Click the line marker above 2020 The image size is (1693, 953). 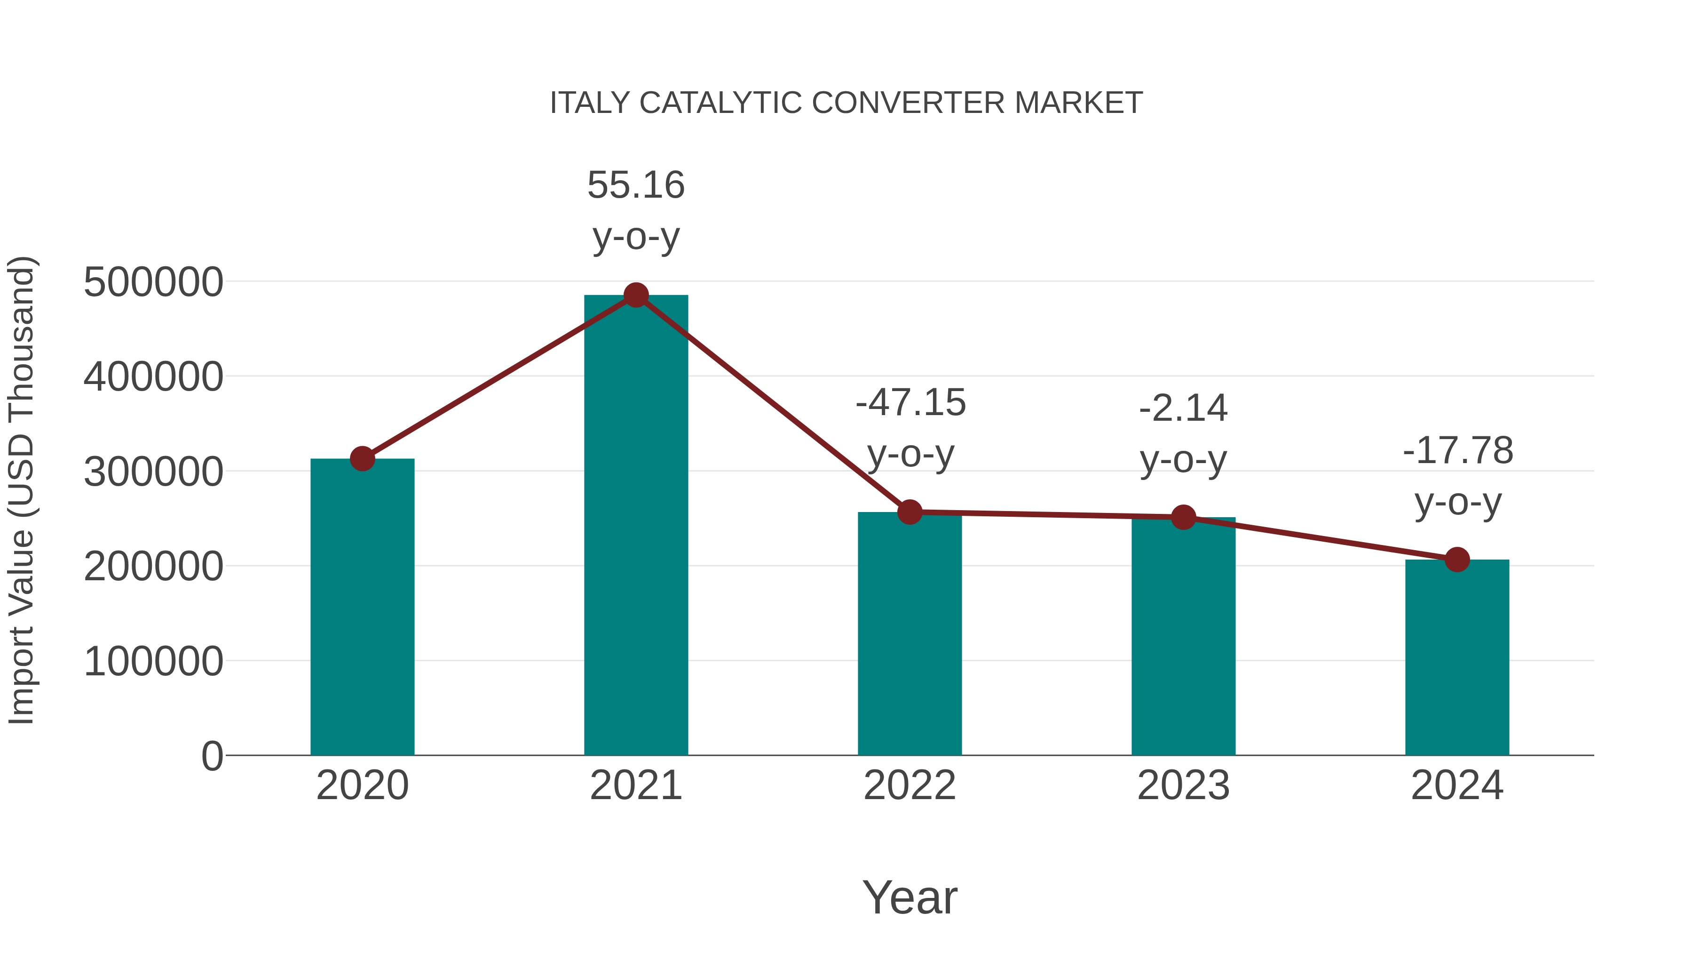point(362,458)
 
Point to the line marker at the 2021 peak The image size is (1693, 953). point(635,295)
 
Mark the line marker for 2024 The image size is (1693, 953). point(1457,560)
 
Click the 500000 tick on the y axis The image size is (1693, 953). point(153,282)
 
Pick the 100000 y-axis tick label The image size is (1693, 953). point(153,661)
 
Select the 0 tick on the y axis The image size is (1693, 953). point(212,756)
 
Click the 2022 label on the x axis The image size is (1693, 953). point(910,785)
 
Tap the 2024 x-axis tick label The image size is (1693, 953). point(1457,785)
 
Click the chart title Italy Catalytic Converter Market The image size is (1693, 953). point(846,103)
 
